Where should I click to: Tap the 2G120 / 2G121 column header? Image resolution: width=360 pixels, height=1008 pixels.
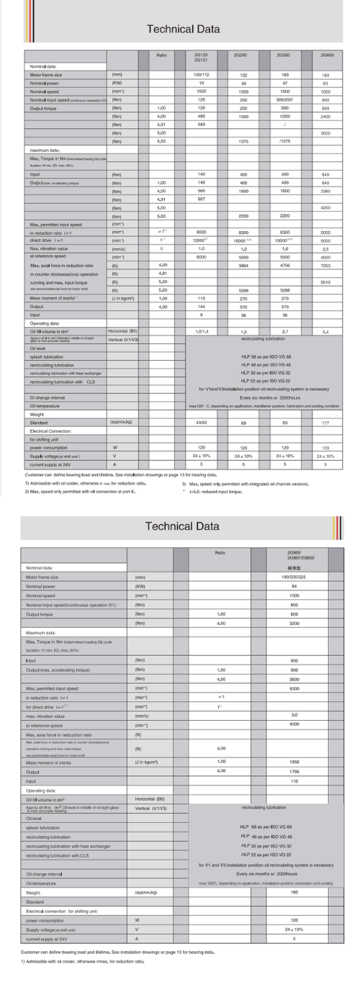coord(201,57)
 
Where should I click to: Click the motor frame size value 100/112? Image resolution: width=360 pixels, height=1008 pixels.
coord(201,74)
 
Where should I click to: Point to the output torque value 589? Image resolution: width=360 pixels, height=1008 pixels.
coord(201,124)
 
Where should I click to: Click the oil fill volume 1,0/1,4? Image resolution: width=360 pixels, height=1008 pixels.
coord(201,330)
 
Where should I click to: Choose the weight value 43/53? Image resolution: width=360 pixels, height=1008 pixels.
coord(201,421)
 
